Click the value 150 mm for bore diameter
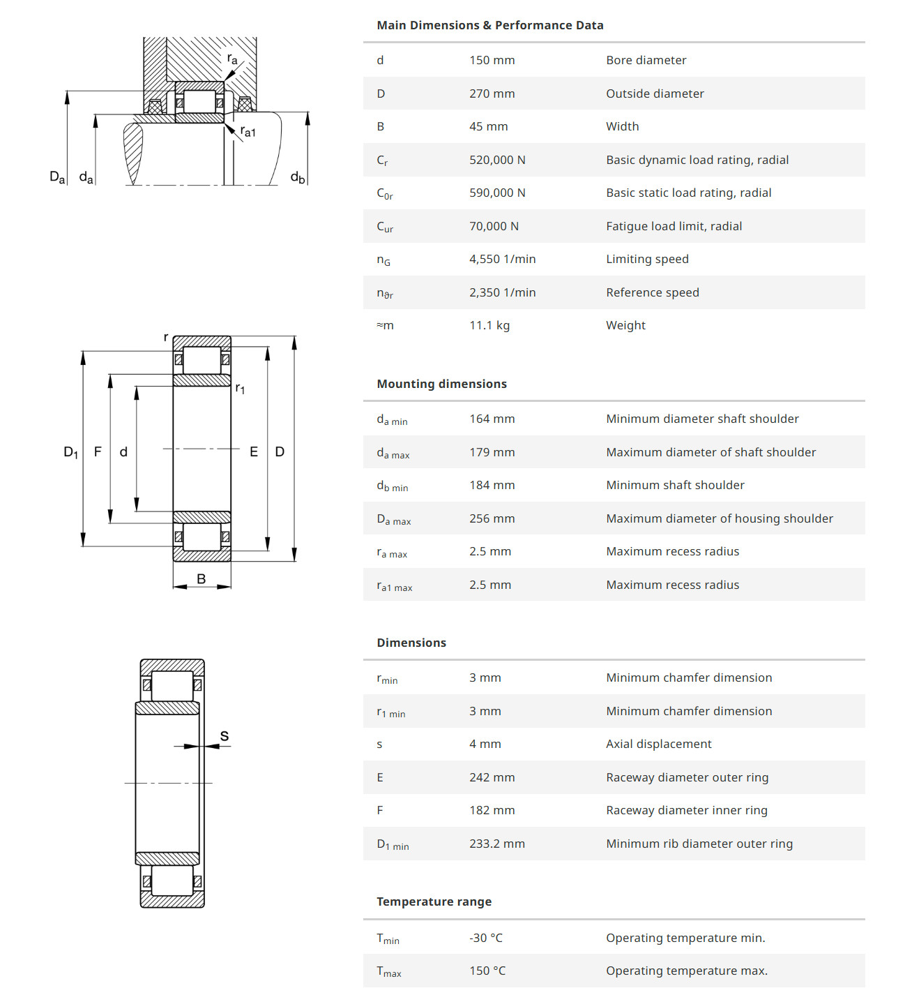(492, 60)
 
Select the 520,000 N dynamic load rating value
(497, 160)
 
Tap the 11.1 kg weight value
(489, 325)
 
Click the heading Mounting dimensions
(441, 384)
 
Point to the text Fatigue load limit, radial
(674, 226)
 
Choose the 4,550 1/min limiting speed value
(502, 259)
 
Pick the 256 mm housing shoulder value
(492, 518)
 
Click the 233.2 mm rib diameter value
(496, 844)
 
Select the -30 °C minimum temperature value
(485, 938)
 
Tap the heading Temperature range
(434, 901)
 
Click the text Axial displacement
(658, 744)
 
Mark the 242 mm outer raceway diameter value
(492, 777)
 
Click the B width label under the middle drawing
(202, 578)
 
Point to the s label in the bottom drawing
(225, 736)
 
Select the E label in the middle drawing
(254, 452)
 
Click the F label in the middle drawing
(98, 452)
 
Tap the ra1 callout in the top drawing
(248, 131)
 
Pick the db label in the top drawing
(298, 177)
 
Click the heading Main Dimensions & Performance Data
(489, 25)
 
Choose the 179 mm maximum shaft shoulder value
(492, 452)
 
